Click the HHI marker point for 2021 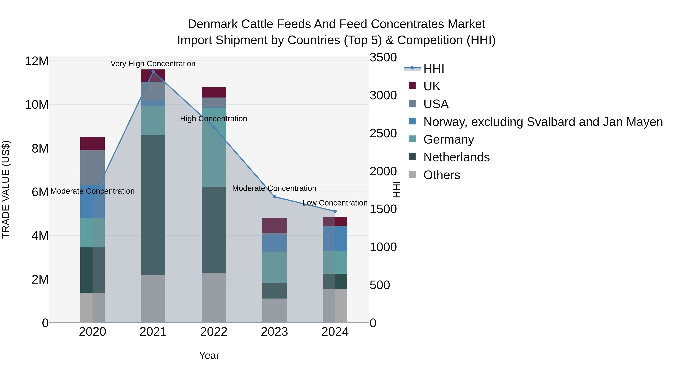coord(153,71)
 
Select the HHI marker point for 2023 coord(274,197)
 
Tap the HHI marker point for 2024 coord(335,211)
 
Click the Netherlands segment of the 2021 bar coord(153,205)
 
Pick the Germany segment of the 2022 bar coord(214,147)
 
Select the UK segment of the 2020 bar coord(93,144)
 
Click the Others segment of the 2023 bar coord(274,311)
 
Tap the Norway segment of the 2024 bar coord(335,239)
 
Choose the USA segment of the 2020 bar coord(93,168)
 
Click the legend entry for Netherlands coord(456,157)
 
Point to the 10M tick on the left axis coord(37,105)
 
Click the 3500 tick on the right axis coord(383,57)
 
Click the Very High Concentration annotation coord(153,64)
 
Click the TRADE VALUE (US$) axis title coord(6,189)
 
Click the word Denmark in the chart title coord(213,24)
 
